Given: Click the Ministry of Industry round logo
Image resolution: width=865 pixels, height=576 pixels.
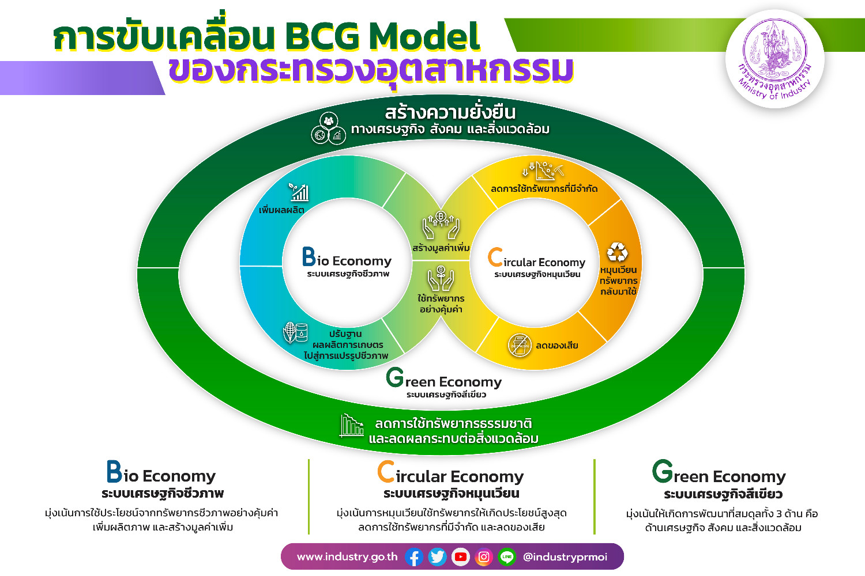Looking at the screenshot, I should [x=774, y=59].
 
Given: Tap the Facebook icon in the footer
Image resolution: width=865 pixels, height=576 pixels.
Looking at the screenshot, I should [x=414, y=557].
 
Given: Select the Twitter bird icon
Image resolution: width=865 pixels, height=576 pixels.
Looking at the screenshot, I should [x=437, y=557].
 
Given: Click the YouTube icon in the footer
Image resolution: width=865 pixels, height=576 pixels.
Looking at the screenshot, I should [x=460, y=557].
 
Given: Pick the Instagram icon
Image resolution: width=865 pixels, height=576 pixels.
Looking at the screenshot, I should [x=484, y=557].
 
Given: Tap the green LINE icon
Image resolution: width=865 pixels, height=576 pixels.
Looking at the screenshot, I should [x=507, y=557].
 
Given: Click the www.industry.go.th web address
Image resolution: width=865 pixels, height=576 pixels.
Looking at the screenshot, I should [x=347, y=557].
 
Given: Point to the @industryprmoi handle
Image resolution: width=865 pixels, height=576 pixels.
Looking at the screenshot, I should [x=565, y=557].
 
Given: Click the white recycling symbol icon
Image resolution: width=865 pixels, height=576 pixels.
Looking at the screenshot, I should [x=617, y=252].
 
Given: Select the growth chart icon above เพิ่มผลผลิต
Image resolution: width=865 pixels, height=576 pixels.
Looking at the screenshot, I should [x=299, y=192].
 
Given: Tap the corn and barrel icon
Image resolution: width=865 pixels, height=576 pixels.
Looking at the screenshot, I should [x=295, y=332].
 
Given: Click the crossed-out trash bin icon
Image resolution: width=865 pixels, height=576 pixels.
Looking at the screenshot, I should [x=520, y=345].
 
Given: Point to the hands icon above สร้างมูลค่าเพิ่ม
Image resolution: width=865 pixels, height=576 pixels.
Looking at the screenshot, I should [x=441, y=225].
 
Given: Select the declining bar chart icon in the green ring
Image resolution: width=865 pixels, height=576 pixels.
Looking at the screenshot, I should [x=351, y=426].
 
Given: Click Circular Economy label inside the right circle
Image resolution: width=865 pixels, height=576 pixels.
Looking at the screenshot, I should [x=537, y=262].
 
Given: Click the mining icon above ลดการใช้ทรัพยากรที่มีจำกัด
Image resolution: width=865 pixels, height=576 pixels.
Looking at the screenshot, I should [x=542, y=170].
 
